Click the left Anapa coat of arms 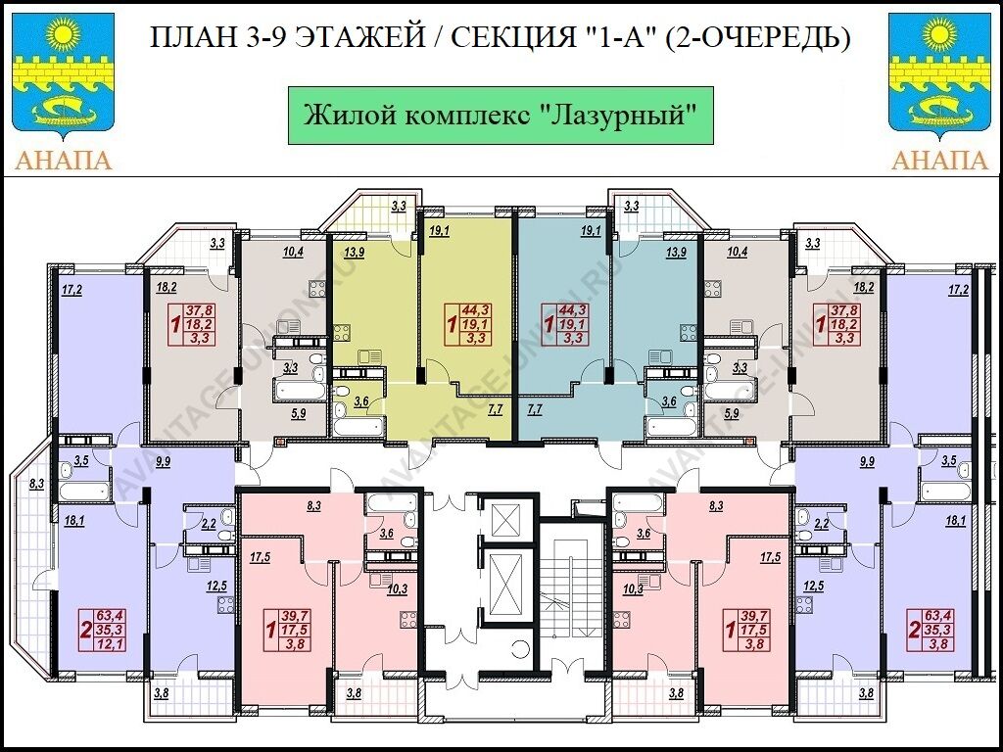(62, 75)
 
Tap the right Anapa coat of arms (939, 75)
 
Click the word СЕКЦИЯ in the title (513, 38)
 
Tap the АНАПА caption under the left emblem (62, 160)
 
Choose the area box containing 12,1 (103, 631)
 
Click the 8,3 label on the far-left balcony (36, 484)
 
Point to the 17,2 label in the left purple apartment (72, 290)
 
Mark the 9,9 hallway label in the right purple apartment (867, 460)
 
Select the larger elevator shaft (506, 586)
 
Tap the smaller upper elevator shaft (506, 520)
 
